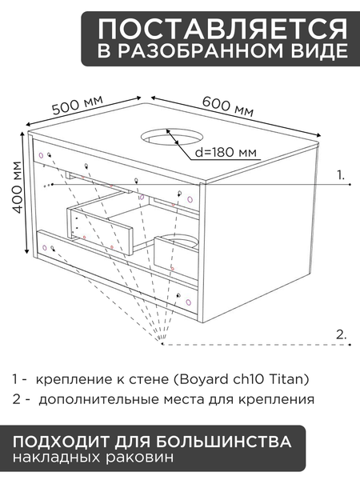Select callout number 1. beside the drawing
click(342, 174)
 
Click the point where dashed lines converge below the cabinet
click(162, 346)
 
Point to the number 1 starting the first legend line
click(15, 378)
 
